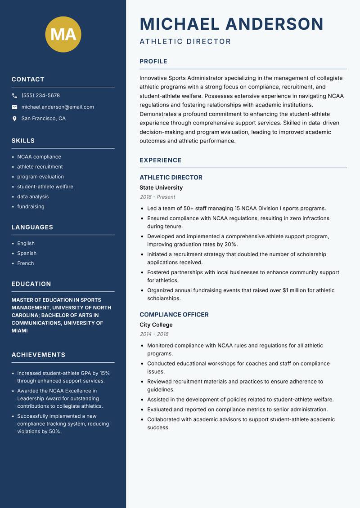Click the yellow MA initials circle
63,34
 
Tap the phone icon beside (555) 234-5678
15,96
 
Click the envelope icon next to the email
15,107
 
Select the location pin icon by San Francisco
15,119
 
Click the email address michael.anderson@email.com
58,107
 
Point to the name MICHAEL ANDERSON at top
231,24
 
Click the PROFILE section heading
153,62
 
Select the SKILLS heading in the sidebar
23,141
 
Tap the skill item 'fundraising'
31,207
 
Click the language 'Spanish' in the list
27,254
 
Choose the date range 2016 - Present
157,197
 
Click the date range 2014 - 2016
154,334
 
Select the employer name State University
161,187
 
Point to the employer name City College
156,325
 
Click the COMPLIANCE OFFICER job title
174,315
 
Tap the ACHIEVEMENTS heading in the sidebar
38,355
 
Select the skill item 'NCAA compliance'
39,157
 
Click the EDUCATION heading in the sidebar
31,284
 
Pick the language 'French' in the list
25,263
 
